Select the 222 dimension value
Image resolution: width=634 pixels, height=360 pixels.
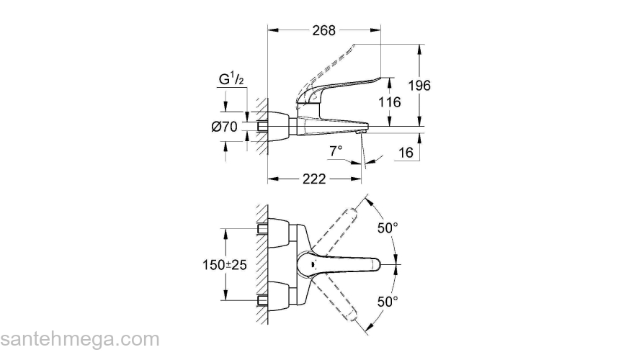click(313, 179)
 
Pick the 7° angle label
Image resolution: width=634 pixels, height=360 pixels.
click(336, 151)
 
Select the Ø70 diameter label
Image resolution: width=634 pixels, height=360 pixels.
click(226, 127)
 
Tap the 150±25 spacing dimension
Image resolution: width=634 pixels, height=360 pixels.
click(224, 265)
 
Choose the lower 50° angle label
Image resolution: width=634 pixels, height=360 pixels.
click(388, 302)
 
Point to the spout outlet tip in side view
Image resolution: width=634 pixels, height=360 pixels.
click(362, 130)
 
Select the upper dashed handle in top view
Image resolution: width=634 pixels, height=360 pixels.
click(347, 223)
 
